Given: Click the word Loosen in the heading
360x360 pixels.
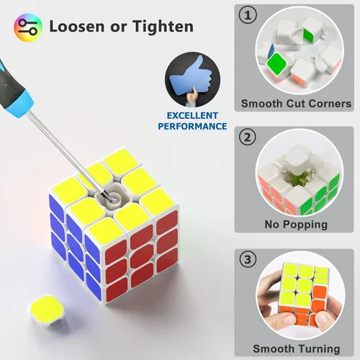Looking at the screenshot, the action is point(77,26).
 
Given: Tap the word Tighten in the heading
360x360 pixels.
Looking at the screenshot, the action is point(163,27).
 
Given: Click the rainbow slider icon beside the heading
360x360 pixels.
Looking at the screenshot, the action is point(28,27).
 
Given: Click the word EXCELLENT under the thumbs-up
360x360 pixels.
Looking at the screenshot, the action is point(192,116).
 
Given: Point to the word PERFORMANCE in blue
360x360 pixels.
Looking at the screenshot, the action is point(192,126).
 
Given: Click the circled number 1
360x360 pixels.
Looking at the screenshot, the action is point(248,15).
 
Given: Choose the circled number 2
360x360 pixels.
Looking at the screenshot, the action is point(248,137).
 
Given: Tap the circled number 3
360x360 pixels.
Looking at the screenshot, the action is point(248,259).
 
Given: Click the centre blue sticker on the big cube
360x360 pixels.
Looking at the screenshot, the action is point(76,243).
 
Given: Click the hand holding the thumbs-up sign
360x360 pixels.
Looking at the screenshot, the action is point(193,96).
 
